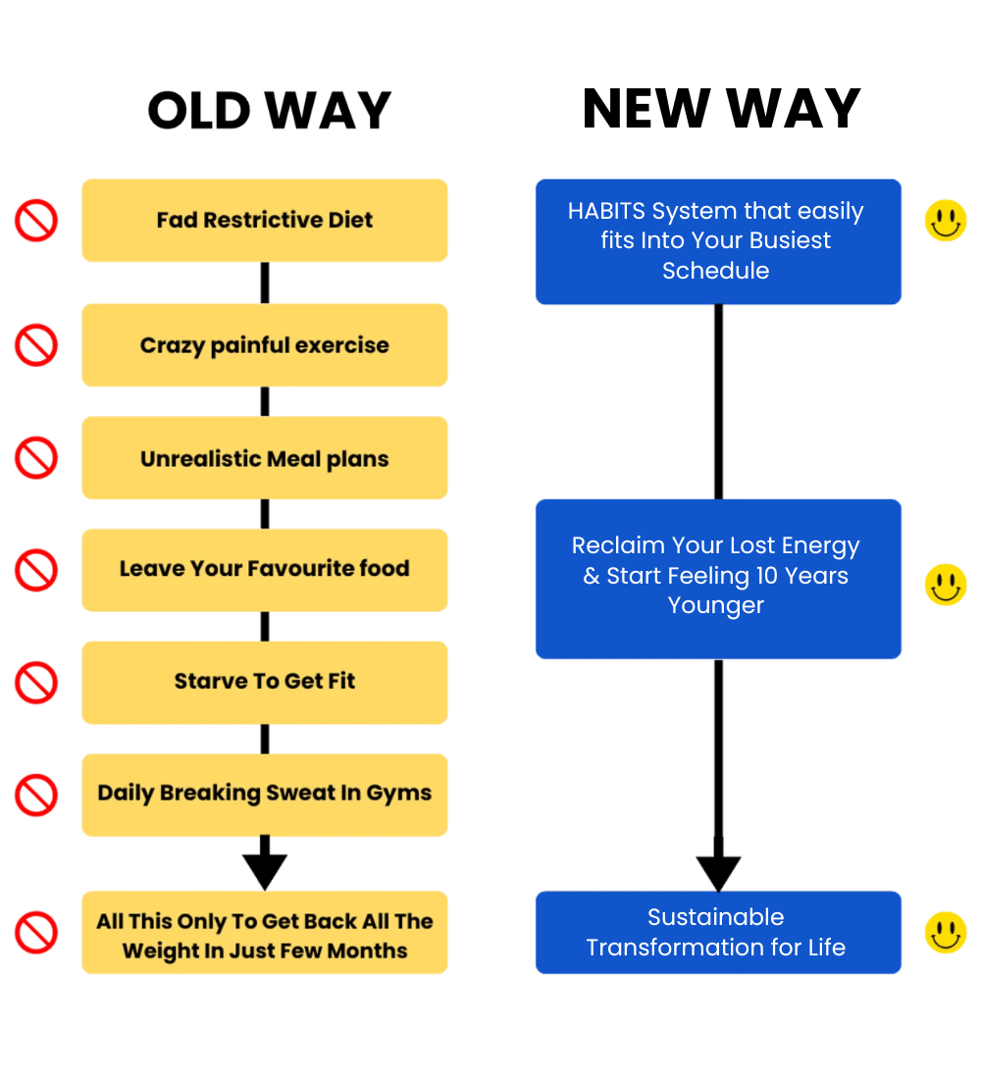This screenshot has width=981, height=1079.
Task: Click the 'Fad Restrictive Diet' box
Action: pos(265,220)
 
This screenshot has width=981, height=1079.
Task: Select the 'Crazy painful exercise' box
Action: pos(265,345)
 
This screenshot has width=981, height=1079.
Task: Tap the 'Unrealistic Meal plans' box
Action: pos(265,458)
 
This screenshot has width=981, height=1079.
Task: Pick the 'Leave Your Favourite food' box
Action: pos(265,569)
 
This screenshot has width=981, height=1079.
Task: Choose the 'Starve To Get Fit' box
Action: pos(265,682)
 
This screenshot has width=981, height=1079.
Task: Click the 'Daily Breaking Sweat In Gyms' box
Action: pos(265,795)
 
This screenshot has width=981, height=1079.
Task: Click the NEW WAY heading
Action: pos(720,106)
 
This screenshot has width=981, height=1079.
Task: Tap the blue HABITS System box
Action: pos(718,241)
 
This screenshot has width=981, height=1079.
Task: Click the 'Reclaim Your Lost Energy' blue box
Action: pos(718,578)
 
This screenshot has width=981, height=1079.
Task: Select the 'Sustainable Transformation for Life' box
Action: pos(718,933)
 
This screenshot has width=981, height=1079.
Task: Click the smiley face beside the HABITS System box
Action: pos(946,221)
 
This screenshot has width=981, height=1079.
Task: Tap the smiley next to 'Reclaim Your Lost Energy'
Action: pos(946,585)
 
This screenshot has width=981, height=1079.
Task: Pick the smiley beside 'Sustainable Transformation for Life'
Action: pos(946,933)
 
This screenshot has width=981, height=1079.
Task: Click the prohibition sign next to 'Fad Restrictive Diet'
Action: pos(36,221)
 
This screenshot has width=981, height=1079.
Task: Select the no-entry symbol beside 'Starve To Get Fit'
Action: pos(36,682)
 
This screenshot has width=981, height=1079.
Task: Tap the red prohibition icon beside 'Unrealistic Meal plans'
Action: pos(36,458)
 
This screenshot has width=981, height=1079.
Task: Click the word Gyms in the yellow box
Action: pos(398,794)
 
